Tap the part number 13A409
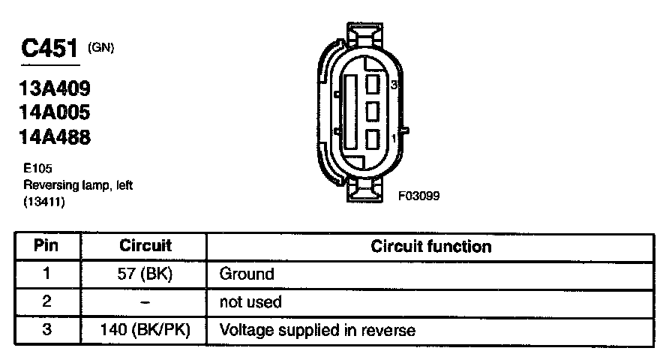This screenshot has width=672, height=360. click(x=55, y=88)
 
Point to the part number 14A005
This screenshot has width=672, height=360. click(x=55, y=112)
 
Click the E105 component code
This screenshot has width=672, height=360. click(x=37, y=169)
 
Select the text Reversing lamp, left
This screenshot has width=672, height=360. click(x=78, y=185)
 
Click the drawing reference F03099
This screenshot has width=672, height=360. click(x=418, y=196)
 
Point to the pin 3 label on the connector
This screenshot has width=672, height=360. click(x=394, y=85)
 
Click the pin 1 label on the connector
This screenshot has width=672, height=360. click(x=394, y=139)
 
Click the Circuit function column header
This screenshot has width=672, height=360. click(x=431, y=246)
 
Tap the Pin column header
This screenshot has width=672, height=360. click(x=46, y=246)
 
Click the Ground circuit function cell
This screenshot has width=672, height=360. click(x=247, y=274)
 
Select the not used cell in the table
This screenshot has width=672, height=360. click(x=250, y=302)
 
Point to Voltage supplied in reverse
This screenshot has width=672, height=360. click(x=317, y=329)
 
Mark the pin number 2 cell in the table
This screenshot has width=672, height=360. click(x=46, y=302)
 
